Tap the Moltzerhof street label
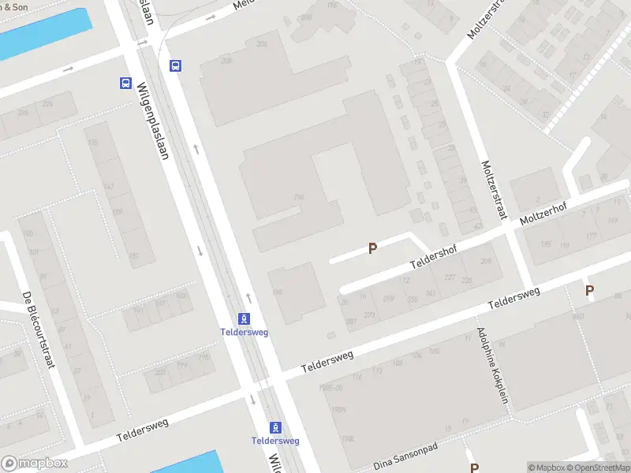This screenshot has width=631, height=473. pyautogui.click(x=545, y=214)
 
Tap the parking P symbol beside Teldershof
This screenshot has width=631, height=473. pyautogui.click(x=372, y=248)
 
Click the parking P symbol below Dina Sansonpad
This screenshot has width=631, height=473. pyautogui.click(x=474, y=467)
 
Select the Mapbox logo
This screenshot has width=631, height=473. pyautogui.click(x=34, y=464)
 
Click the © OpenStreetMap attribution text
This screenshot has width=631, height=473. pyautogui.click(x=597, y=467)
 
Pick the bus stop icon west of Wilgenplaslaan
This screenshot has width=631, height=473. pyautogui.click(x=125, y=83)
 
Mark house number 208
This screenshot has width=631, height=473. pyautogui.click(x=227, y=60)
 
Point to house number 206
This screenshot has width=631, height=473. pyautogui.click(x=261, y=43)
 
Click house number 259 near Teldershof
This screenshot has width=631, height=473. pyautogui.click(x=388, y=298)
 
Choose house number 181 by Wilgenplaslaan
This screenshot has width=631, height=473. pyautogui.click(x=133, y=255)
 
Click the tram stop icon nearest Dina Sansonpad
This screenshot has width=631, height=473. pyautogui.click(x=275, y=426)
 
